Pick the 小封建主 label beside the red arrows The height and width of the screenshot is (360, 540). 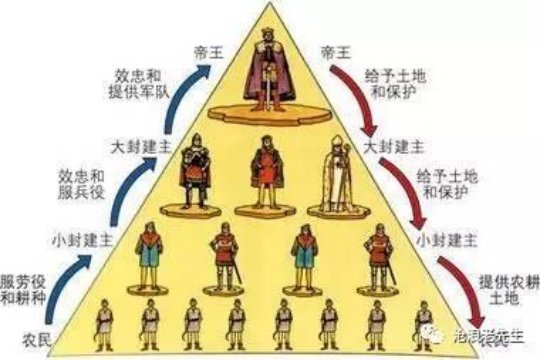442,241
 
